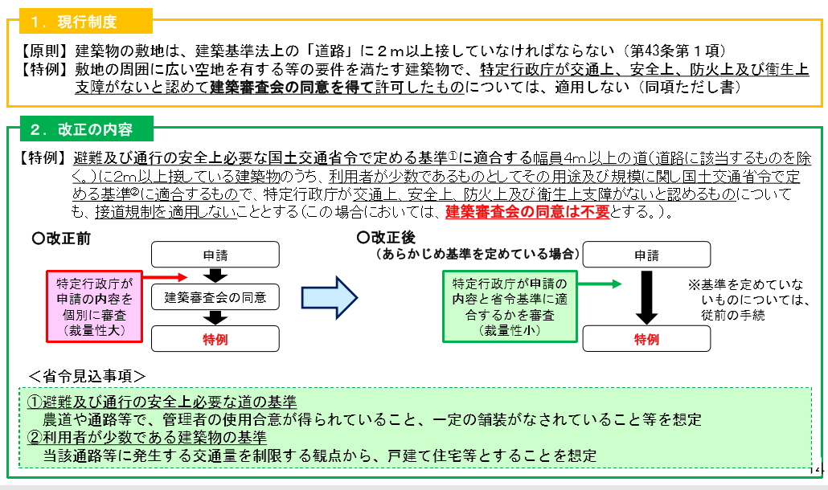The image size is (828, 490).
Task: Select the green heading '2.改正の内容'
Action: click(80, 129)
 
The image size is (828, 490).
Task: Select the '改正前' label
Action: click(64, 239)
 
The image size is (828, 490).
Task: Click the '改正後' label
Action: click(387, 239)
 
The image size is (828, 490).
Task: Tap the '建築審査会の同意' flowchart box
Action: click(215, 297)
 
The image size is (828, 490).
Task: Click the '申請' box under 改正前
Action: click(215, 255)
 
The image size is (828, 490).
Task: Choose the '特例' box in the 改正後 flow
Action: click(646, 339)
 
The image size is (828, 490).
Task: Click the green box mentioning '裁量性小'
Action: click(510, 306)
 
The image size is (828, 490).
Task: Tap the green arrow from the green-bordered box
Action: click(599, 284)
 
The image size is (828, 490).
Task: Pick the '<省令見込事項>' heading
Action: click(87, 375)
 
